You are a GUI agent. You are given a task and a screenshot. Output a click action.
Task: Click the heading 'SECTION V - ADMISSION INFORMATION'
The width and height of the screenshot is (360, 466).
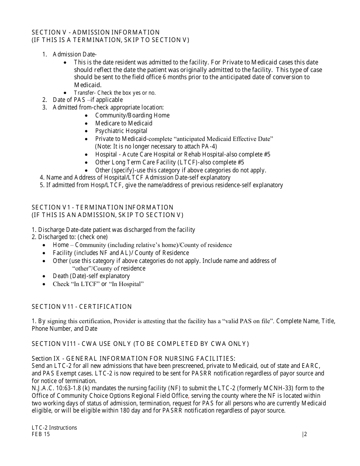(95, 32)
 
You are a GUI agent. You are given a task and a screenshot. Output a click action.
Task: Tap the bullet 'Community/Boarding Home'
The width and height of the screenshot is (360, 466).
(132, 115)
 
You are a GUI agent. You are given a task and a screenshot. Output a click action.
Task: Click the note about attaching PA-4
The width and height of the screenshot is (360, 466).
(156, 146)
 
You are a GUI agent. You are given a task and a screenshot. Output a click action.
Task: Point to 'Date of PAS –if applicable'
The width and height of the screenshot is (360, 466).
(88, 100)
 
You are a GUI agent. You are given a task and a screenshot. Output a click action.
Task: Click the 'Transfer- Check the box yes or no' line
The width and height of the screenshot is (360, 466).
(114, 93)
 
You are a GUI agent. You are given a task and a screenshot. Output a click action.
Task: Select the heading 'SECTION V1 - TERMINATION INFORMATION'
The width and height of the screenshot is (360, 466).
(102, 207)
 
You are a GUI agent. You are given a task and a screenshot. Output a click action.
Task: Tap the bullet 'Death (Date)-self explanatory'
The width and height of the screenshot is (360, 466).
(91, 276)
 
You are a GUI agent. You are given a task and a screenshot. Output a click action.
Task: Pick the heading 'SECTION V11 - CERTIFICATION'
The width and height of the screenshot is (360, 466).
(81, 306)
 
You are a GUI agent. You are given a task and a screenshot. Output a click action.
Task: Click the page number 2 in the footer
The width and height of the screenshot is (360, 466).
(305, 435)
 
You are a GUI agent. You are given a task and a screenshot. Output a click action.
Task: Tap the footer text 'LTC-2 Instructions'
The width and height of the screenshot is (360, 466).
(54, 428)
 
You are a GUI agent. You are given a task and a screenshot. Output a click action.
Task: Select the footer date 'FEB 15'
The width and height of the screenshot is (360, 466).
(41, 435)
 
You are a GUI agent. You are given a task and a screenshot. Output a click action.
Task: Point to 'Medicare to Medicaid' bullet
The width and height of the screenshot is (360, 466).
(124, 123)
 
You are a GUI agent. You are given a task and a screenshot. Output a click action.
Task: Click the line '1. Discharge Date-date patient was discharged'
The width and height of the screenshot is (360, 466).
(113, 230)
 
